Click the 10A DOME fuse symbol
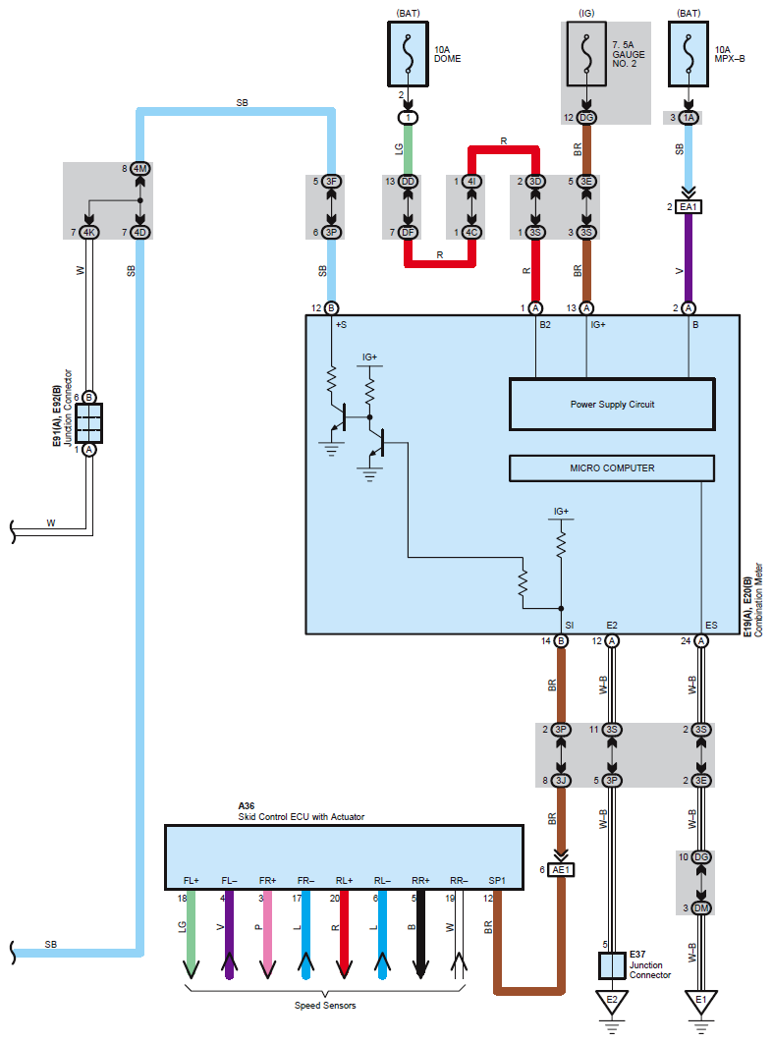pyautogui.click(x=408, y=54)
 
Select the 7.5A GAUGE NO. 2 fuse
pyautogui.click(x=586, y=54)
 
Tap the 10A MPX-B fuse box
pyautogui.click(x=689, y=54)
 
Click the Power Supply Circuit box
pyautogui.click(x=612, y=405)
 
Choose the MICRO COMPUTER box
pyautogui.click(x=612, y=468)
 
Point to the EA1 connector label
pyautogui.click(x=689, y=207)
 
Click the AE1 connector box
pyautogui.click(x=561, y=869)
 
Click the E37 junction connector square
pyautogui.click(x=612, y=965)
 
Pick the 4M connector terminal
pyautogui.click(x=139, y=169)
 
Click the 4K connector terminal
pyautogui.click(x=88, y=232)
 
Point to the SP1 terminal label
pyautogui.click(x=497, y=881)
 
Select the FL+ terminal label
pyautogui.click(x=191, y=881)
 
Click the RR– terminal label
pyautogui.click(x=459, y=881)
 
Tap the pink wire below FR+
pyautogui.click(x=267, y=935)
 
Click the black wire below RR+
pyautogui.click(x=420, y=935)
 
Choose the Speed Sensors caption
pyautogui.click(x=325, y=1005)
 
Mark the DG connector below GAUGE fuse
pyautogui.click(x=586, y=118)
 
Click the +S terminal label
pyautogui.click(x=341, y=325)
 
